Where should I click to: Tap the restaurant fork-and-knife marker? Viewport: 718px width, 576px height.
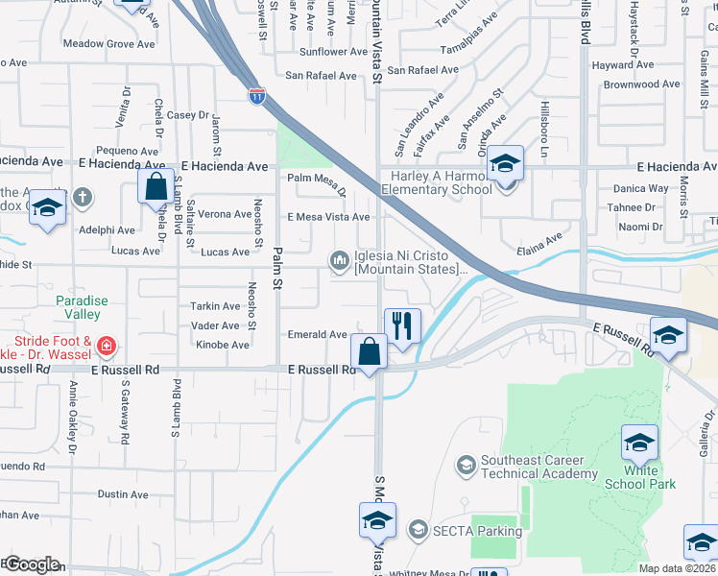(403, 326)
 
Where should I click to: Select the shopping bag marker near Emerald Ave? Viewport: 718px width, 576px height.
(370, 351)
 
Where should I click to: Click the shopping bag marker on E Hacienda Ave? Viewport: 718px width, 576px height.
(156, 186)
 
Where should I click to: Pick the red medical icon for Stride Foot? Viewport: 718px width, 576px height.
(108, 344)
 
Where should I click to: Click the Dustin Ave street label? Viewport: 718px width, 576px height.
(123, 494)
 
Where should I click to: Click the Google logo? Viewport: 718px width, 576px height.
(31, 564)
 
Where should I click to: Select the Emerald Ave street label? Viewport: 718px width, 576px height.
(318, 334)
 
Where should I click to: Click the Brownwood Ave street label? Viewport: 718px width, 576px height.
(642, 84)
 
